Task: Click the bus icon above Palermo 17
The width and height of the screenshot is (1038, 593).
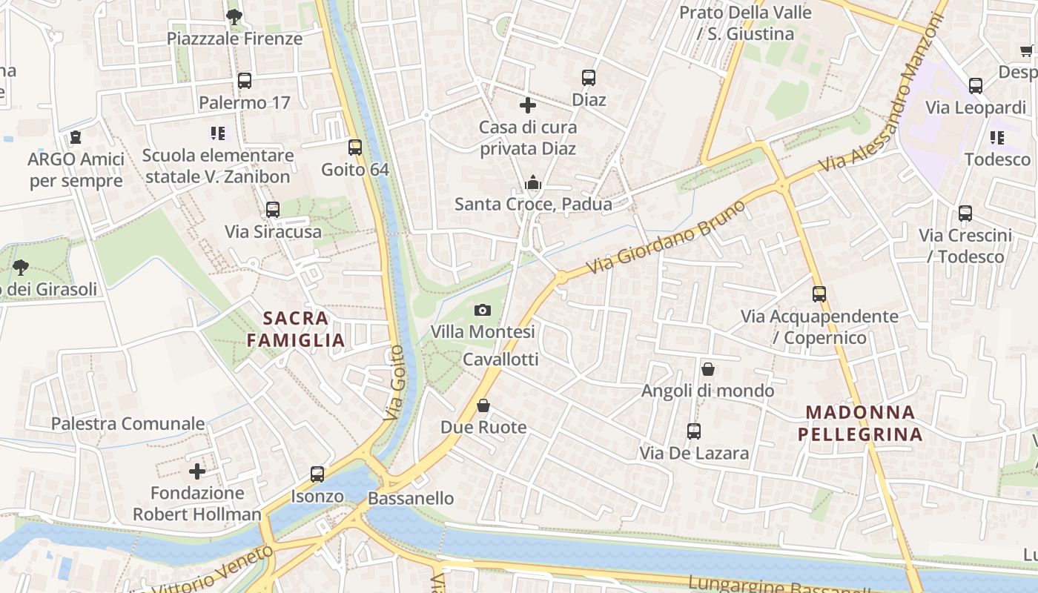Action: (245, 81)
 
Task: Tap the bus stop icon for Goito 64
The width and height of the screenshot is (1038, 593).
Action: (355, 148)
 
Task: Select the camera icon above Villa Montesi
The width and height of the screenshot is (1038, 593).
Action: (483, 310)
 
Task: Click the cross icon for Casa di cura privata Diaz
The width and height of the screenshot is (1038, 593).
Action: (528, 105)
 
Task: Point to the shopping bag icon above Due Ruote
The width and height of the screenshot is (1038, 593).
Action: (483, 405)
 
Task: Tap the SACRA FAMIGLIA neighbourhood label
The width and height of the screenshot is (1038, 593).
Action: (296, 329)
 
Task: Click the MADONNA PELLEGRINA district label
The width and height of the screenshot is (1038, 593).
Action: (860, 423)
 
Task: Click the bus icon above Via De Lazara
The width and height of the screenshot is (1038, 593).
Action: (694, 431)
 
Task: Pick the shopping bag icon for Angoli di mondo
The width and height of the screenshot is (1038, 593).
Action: (708, 368)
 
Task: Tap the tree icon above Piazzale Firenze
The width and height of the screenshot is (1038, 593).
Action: (234, 16)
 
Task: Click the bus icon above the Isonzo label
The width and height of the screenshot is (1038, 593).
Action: (317, 474)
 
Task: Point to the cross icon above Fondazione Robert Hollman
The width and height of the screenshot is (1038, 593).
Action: (197, 471)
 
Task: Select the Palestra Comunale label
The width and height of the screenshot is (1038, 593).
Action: (128, 424)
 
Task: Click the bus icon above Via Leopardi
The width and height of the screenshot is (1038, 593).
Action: (976, 86)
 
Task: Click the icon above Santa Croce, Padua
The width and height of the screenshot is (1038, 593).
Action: (532, 182)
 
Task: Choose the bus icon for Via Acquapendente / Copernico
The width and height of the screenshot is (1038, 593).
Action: (819, 294)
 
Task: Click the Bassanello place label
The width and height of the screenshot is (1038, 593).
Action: (411, 498)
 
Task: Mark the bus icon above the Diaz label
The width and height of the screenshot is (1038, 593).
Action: (589, 78)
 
